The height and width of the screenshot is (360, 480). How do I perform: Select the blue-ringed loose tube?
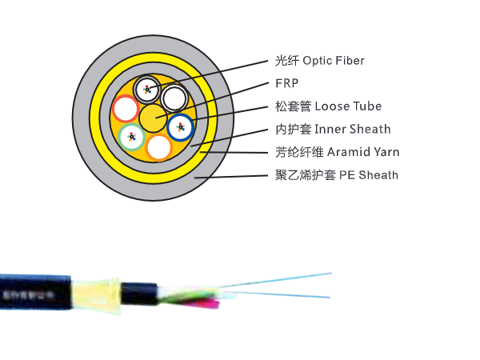pyautogui.click(x=181, y=126)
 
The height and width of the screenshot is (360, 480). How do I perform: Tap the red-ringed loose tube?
pyautogui.click(x=125, y=107)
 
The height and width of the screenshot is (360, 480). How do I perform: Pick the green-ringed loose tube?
pyautogui.click(x=131, y=138)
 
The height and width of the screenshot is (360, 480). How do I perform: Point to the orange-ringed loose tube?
pyautogui.click(x=159, y=147)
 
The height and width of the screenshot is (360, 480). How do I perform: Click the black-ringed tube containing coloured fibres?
pyautogui.click(x=146, y=89)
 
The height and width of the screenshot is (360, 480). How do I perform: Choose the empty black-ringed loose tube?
pyautogui.click(x=174, y=98)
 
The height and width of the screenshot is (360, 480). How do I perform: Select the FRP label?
pyautogui.click(x=284, y=83)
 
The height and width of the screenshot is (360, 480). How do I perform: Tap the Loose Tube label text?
pyautogui.click(x=348, y=106)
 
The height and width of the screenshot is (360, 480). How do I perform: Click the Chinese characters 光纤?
pyautogui.click(x=286, y=61)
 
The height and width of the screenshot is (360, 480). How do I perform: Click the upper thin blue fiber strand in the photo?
pyautogui.click(x=280, y=279)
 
